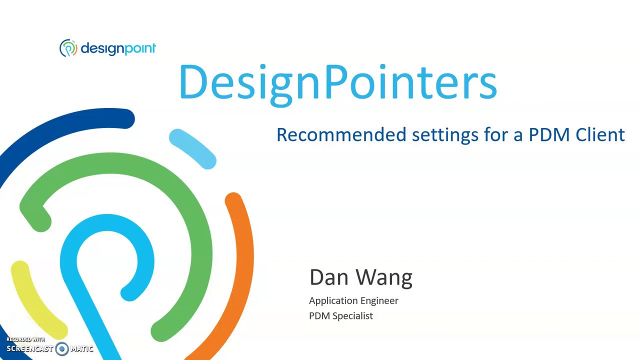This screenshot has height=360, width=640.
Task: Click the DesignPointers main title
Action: tap(338, 82)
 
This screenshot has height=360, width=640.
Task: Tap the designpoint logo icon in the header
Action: tap(68, 48)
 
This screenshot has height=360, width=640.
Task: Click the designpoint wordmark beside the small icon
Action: tap(118, 48)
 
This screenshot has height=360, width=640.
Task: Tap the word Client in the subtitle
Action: tap(600, 134)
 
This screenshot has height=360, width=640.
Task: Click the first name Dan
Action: tap(328, 277)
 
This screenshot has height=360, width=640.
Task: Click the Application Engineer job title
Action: tap(353, 300)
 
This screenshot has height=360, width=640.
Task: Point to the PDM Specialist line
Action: tap(340, 316)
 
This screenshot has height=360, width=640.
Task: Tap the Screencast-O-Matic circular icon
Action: tap(62, 348)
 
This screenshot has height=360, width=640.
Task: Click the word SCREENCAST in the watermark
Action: tap(29, 349)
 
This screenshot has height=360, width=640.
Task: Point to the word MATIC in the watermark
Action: tap(81, 349)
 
